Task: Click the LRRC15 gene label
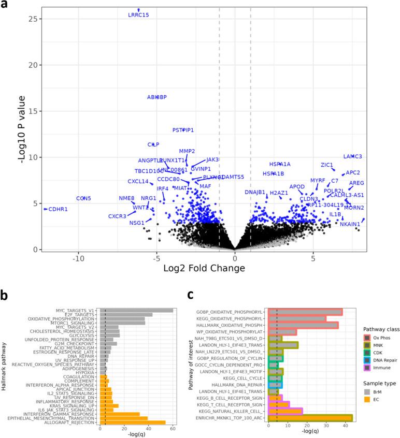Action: point(138,15)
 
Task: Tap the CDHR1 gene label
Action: point(58,209)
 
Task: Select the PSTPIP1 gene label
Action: point(183,130)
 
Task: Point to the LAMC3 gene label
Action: point(352,156)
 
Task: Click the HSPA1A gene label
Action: point(280,164)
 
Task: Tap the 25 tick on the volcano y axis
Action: point(36,19)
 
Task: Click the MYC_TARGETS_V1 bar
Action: point(136,310)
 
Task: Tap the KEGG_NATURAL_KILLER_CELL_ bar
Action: point(285,411)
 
